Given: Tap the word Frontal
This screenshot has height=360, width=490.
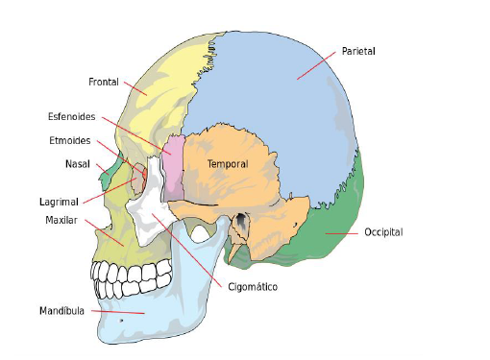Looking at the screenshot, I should tap(103, 82).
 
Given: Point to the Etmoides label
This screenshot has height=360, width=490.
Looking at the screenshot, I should tap(69, 140).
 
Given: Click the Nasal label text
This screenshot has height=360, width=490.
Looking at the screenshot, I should tap(78, 163).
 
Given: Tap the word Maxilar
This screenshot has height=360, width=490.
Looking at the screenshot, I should tap(61, 220).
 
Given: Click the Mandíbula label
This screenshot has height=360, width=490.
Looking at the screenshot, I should tap(62, 311).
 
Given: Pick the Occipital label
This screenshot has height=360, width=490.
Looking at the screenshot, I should tap(382, 232).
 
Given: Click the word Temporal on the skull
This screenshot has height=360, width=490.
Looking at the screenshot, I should tap(228, 164).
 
